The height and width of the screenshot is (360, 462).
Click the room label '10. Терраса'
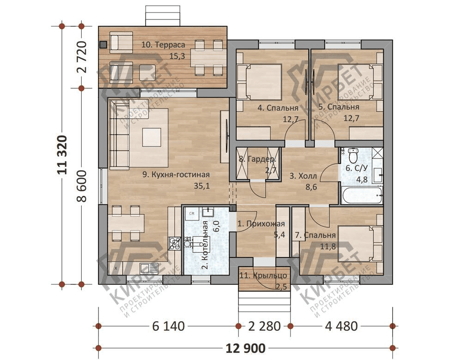(163, 45)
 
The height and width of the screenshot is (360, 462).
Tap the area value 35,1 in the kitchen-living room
(202, 186)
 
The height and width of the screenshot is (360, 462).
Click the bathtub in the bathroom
(362, 195)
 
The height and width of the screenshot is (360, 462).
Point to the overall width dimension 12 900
(245, 348)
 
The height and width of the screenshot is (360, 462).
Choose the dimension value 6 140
(169, 326)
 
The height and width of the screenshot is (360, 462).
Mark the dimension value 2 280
(264, 326)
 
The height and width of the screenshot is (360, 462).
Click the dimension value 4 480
(341, 326)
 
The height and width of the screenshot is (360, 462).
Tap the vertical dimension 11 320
(62, 155)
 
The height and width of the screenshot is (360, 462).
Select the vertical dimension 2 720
(82, 57)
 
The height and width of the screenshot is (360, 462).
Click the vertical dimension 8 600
(82, 186)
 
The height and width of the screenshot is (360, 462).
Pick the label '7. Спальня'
(315, 235)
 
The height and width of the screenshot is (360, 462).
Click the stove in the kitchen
(175, 244)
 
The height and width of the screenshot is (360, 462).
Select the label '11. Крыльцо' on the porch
(263, 276)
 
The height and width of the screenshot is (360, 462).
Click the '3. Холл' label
(303, 176)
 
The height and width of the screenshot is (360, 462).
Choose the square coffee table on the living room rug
(152, 137)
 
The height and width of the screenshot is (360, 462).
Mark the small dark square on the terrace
(103, 45)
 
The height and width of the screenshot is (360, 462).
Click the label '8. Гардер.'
(257, 159)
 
